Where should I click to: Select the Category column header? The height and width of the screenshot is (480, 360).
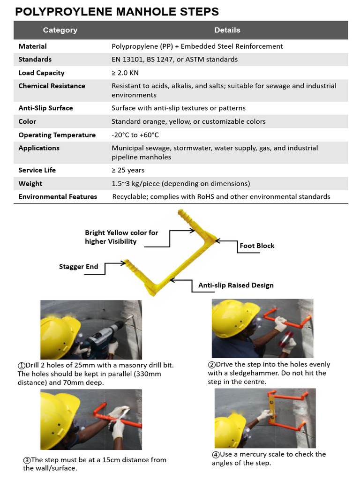point(60,30)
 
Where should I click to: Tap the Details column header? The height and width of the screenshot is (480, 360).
point(227,30)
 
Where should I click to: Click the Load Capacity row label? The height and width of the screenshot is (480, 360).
point(41,73)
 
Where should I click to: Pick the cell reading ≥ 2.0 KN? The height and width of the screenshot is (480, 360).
point(125,73)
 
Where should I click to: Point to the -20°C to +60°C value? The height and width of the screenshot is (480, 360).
point(135,135)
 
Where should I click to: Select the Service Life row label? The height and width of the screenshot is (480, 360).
point(37,170)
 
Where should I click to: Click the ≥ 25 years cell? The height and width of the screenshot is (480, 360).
point(128,170)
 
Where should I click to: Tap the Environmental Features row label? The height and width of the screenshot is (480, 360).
point(58,197)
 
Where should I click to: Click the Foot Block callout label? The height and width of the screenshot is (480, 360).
point(257,246)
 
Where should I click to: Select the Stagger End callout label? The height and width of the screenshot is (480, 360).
point(78,267)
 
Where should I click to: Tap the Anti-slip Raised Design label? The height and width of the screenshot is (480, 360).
point(236,285)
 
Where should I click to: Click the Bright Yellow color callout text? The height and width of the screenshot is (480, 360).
point(121,237)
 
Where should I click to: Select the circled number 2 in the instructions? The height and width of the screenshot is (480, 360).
point(211,365)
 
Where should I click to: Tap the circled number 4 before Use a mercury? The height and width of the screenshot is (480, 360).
point(216,455)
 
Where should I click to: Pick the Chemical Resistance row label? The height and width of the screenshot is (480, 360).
point(52,86)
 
